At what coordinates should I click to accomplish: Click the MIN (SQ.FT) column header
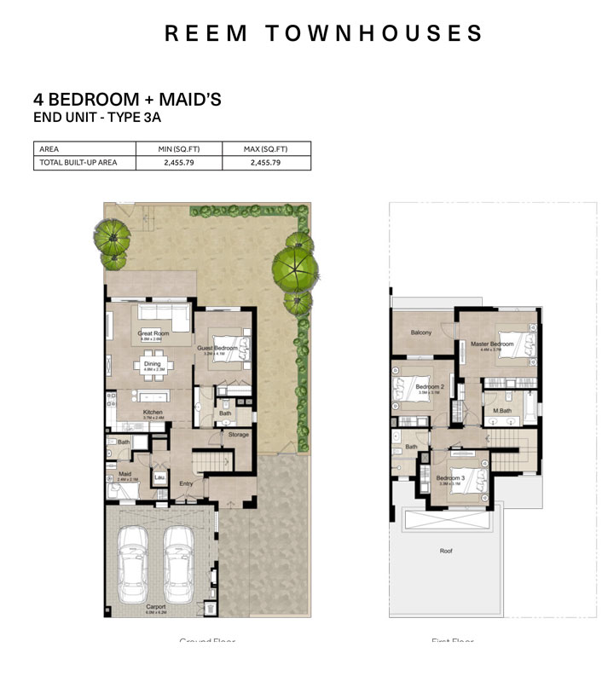(177, 149)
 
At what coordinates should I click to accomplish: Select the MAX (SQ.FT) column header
(265, 149)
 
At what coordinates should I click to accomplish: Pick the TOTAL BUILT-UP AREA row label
(78, 162)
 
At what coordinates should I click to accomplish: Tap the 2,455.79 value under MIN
(177, 162)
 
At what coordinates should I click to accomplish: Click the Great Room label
(153, 333)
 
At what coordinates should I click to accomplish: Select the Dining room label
(153, 364)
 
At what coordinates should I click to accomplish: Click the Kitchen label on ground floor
(153, 413)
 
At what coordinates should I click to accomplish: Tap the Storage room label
(239, 435)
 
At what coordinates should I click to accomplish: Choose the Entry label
(186, 484)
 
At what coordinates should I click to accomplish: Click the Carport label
(155, 608)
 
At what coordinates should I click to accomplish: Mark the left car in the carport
(133, 563)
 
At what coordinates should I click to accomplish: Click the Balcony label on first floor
(420, 332)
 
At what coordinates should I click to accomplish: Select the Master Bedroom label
(492, 344)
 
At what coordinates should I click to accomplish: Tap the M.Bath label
(501, 411)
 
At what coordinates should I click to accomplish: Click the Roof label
(446, 551)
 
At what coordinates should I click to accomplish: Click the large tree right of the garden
(295, 267)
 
